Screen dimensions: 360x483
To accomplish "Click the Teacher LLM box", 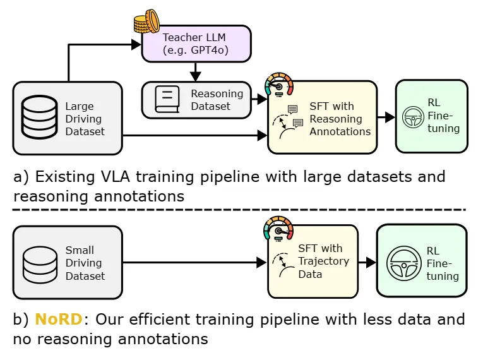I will click(x=196, y=44).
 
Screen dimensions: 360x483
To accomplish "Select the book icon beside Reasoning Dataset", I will click(x=165, y=99).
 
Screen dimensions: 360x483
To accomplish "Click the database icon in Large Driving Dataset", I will click(x=40, y=118).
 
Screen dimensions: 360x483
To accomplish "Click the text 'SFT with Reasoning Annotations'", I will click(x=340, y=119).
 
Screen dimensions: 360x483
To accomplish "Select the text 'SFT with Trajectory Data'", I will click(x=323, y=261).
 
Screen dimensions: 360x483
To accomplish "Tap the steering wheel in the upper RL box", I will click(x=414, y=117).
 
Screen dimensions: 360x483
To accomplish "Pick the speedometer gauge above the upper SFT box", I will click(x=279, y=84).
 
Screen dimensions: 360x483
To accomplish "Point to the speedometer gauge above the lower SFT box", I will click(x=278, y=229).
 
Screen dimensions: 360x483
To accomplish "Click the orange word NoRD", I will click(x=59, y=319).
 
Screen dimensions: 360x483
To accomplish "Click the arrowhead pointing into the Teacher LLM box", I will click(x=136, y=44).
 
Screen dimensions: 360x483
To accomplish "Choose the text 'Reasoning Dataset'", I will click(x=217, y=100).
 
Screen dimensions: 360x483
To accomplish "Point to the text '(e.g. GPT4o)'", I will click(x=196, y=50).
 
